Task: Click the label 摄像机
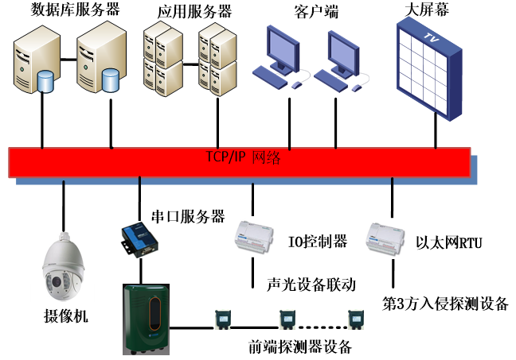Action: (x=64, y=317)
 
